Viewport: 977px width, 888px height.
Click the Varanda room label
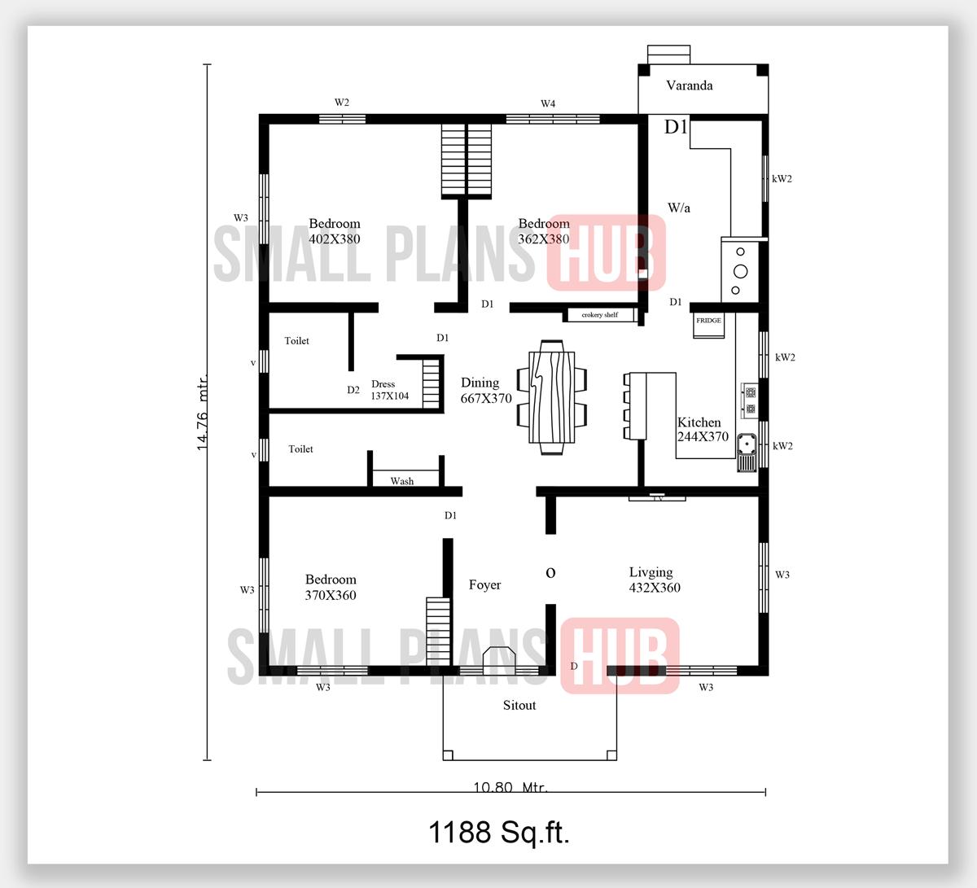tap(689, 85)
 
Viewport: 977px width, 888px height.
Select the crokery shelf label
tap(599, 315)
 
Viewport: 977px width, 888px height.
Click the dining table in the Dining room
tap(551, 396)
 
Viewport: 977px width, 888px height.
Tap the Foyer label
tap(484, 585)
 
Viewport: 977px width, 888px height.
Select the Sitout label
tap(519, 706)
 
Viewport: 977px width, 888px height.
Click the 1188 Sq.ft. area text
tap(498, 832)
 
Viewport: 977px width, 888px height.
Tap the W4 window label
tap(548, 103)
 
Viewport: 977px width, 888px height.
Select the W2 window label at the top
tap(342, 103)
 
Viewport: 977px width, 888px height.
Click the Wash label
tap(401, 481)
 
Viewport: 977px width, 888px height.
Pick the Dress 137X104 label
tap(389, 390)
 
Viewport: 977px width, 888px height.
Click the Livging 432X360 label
tap(654, 580)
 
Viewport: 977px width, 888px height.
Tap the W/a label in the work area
tap(678, 208)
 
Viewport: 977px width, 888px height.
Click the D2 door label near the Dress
tap(353, 390)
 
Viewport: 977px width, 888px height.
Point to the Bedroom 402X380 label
tap(334, 231)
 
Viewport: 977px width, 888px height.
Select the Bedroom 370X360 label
tap(331, 587)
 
